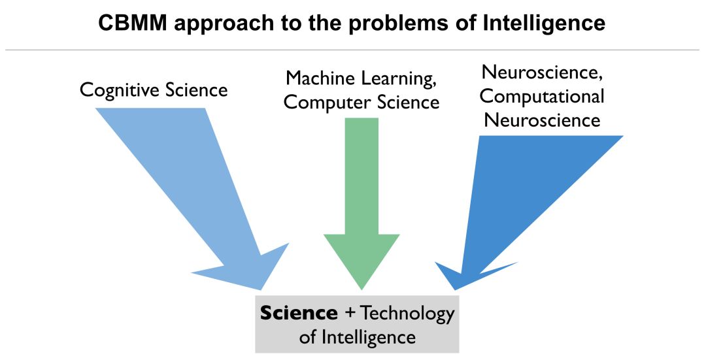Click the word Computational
(x=541, y=97)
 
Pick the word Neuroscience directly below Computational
(x=542, y=120)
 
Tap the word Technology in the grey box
(x=407, y=314)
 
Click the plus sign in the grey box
(x=350, y=313)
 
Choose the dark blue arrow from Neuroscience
(x=523, y=196)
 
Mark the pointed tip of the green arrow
(x=361, y=287)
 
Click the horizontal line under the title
(x=353, y=50)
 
